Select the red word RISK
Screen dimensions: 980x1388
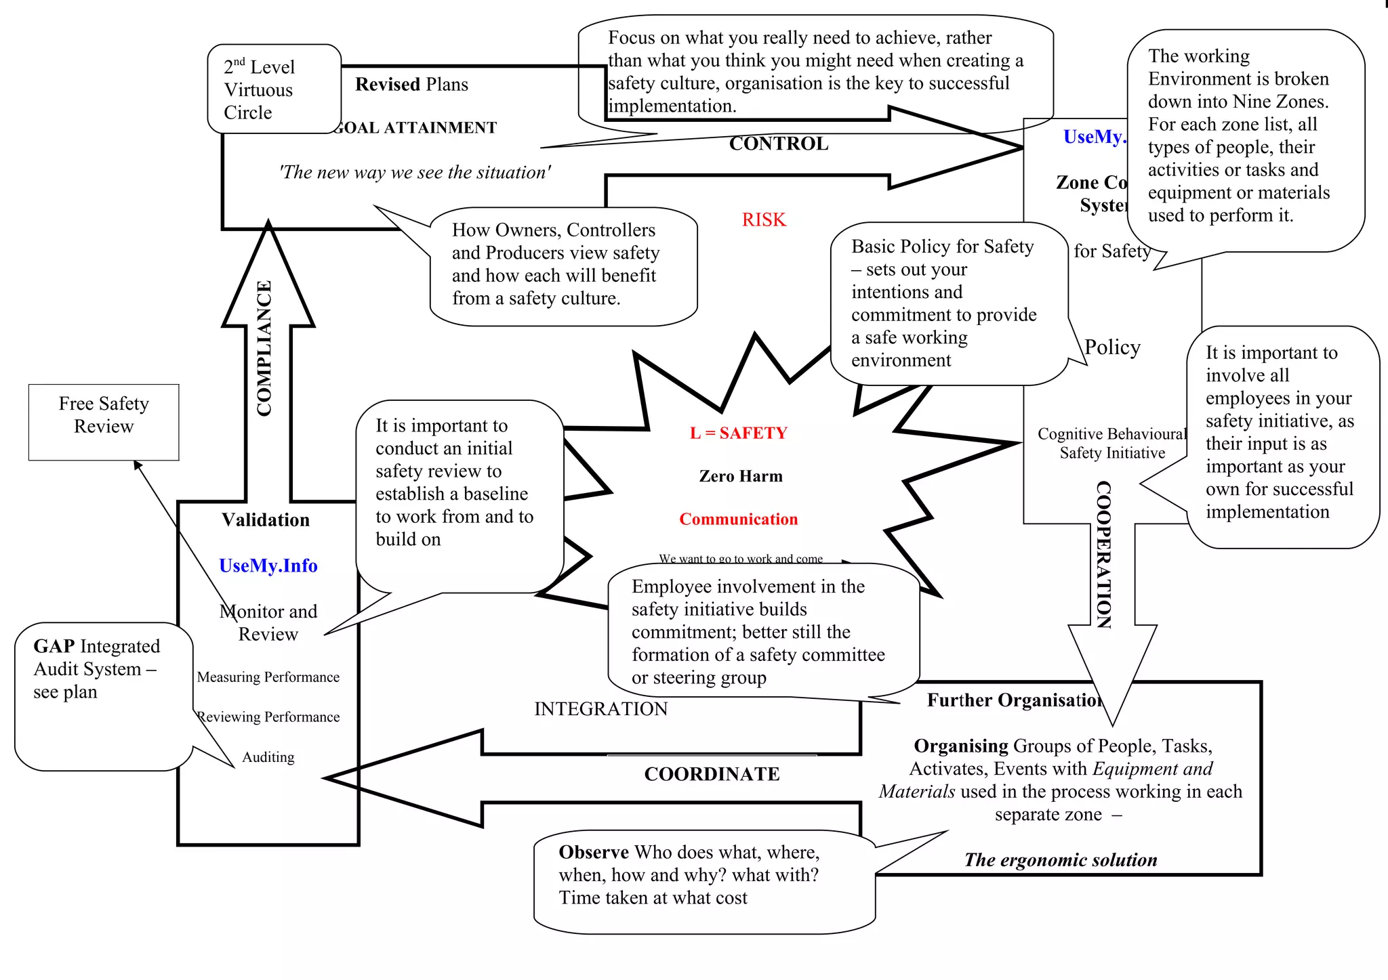pos(764,220)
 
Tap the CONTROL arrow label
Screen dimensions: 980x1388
pos(778,144)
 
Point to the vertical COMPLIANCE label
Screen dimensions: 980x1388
pos(264,348)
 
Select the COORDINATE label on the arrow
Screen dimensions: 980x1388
pos(712,774)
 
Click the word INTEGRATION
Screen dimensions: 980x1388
pos(600,709)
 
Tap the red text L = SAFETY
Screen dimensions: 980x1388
pos(738,433)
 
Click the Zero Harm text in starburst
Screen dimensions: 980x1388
pos(740,477)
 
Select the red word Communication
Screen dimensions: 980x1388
pos(738,519)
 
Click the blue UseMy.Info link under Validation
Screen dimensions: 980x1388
pos(268,566)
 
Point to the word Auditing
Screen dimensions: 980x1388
pos(268,757)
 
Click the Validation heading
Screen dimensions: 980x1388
pos(266,520)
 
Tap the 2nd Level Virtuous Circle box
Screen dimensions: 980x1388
pos(273,89)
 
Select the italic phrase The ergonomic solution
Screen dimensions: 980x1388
pos(1060,860)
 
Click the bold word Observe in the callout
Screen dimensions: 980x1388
pos(593,853)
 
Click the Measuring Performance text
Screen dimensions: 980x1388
pos(268,677)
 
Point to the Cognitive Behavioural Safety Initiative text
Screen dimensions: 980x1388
pos(1111,444)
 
